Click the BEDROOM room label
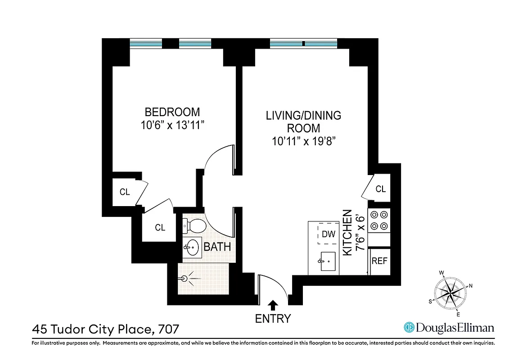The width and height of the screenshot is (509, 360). [172, 112]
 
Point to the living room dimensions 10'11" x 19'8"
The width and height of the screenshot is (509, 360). [303, 141]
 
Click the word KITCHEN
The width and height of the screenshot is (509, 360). [347, 233]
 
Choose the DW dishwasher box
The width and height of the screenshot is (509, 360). [329, 234]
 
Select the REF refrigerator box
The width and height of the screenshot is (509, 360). [379, 261]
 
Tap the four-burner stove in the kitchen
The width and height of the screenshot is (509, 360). [379, 220]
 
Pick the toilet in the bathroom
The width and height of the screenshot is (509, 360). [195, 225]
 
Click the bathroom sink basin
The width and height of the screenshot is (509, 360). [193, 247]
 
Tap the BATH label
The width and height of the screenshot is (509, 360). [217, 247]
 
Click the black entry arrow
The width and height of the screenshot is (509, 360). [273, 305]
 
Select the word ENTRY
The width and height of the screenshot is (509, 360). [273, 319]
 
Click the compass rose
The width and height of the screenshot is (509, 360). [450, 292]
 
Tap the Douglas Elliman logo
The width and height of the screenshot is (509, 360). [449, 328]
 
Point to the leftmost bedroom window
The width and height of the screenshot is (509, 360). [146, 44]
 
